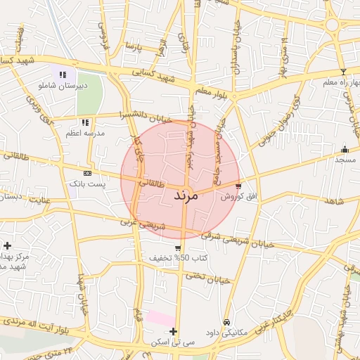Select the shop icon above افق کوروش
coord(239,186)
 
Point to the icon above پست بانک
coord(86,173)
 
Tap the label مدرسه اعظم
coord(84,133)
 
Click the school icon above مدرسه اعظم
coord(85,122)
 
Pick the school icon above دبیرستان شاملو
coord(63,74)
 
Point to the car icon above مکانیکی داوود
coord(226,322)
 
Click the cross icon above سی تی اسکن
coord(173,331)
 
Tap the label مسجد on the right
coord(345,160)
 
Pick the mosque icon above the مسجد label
coord(345,149)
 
